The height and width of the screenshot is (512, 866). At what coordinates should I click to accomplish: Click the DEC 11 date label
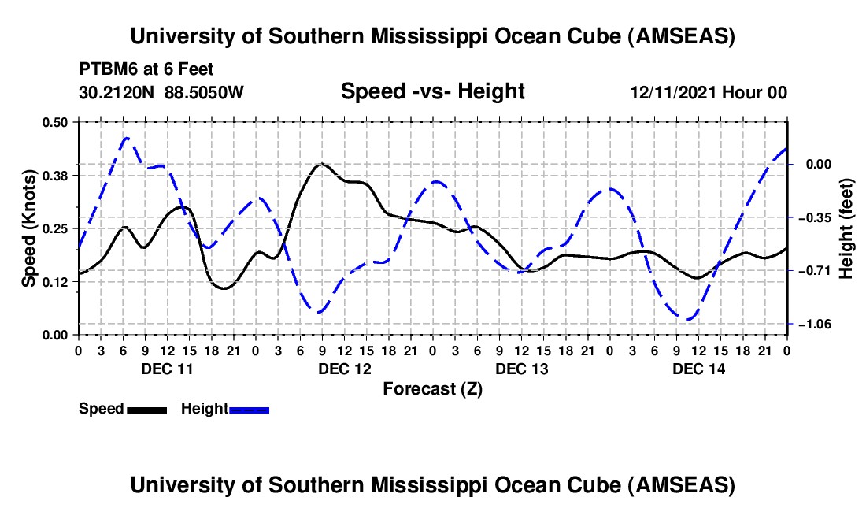coord(166,369)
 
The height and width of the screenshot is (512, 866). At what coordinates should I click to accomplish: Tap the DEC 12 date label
coord(344,369)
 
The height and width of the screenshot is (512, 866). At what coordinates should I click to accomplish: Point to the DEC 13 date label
coord(521,369)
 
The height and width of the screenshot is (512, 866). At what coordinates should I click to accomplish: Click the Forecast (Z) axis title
coord(432,388)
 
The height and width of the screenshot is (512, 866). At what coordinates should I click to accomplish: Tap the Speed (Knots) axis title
coord(28,228)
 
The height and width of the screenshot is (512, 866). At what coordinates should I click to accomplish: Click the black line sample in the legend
coord(146,409)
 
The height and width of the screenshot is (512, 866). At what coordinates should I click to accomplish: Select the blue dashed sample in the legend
coord(249,409)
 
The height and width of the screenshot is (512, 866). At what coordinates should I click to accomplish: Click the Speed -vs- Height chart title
coord(432,92)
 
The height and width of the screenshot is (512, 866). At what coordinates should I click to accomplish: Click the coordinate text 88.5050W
coord(205,92)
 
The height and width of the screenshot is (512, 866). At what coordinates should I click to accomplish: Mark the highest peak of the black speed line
coord(321,164)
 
